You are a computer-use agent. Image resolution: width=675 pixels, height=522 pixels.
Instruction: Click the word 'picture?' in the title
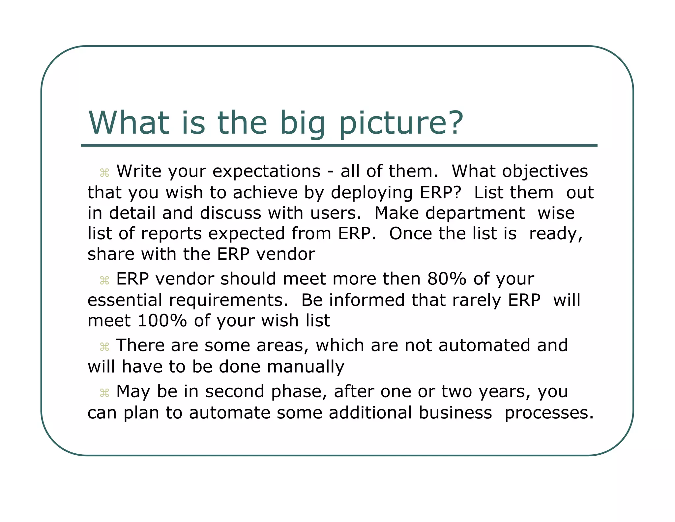[x=401, y=124]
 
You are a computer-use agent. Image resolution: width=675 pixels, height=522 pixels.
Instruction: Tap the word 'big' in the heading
[x=303, y=124]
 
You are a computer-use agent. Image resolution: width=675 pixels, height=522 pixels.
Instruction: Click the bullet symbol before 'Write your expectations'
[x=104, y=173]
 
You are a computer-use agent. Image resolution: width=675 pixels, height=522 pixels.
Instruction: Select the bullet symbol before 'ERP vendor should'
[x=104, y=280]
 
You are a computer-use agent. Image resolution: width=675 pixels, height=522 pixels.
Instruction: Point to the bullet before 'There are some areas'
[x=104, y=347]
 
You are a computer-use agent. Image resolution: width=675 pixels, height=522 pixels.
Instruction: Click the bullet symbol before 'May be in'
[x=104, y=393]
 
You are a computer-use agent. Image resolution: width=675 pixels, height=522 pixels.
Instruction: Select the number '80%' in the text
[x=447, y=279]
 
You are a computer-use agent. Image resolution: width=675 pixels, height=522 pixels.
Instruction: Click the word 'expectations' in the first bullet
[x=266, y=172]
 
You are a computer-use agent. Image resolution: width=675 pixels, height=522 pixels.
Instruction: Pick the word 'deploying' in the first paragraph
[x=372, y=193]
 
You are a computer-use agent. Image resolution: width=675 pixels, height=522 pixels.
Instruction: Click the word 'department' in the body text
[x=475, y=213]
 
